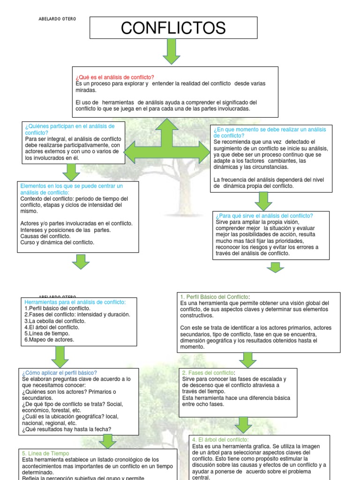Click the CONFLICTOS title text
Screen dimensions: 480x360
click(173, 28)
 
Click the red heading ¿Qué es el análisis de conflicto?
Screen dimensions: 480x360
click(114, 77)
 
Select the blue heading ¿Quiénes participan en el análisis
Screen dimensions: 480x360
click(70, 129)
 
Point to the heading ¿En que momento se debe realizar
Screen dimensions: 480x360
click(270, 132)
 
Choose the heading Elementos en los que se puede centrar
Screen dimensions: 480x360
click(72, 189)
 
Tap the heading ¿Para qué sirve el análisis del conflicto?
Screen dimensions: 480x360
click(264, 216)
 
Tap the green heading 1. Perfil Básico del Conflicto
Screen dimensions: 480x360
click(215, 297)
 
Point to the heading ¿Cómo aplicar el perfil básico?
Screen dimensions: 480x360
click(59, 372)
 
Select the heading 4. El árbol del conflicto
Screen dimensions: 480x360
click(220, 439)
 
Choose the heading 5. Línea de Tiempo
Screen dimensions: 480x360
click(45, 453)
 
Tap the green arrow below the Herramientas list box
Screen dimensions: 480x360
click(60, 357)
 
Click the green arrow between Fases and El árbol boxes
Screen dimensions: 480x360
click(243, 425)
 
